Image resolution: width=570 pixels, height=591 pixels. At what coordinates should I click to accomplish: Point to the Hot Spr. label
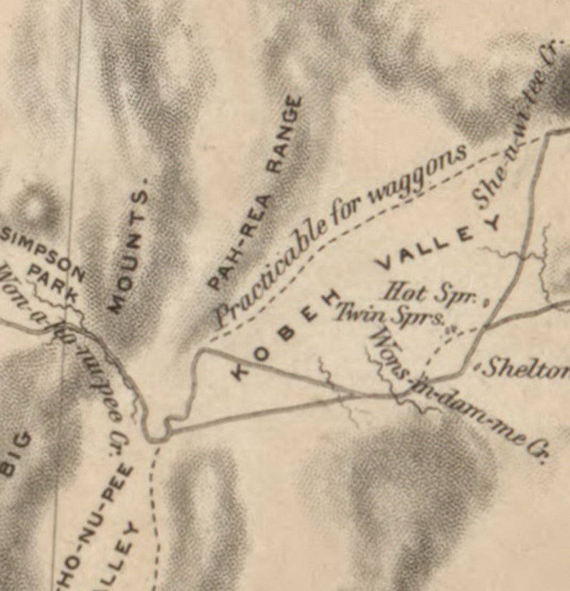pos(431,293)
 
